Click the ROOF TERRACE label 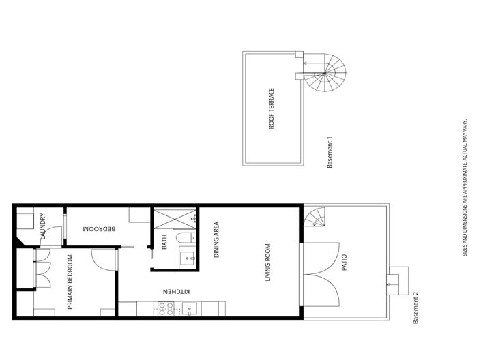pos(272,108)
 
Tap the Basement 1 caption pos(330,152)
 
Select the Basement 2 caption pos(416,307)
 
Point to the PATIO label pos(344,262)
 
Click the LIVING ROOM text pos(268,262)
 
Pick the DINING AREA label pos(216,240)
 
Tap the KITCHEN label pos(177,291)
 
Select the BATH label pos(164,242)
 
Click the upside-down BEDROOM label pos(100,229)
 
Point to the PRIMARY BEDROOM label pos(70,282)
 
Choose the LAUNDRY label pos(42,226)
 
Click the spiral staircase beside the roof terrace pos(325,73)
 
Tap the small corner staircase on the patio pos(314,217)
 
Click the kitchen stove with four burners pos(166,309)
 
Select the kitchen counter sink pos(190,309)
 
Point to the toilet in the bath pos(186,238)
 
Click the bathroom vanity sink pos(187,258)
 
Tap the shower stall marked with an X pos(175,219)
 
